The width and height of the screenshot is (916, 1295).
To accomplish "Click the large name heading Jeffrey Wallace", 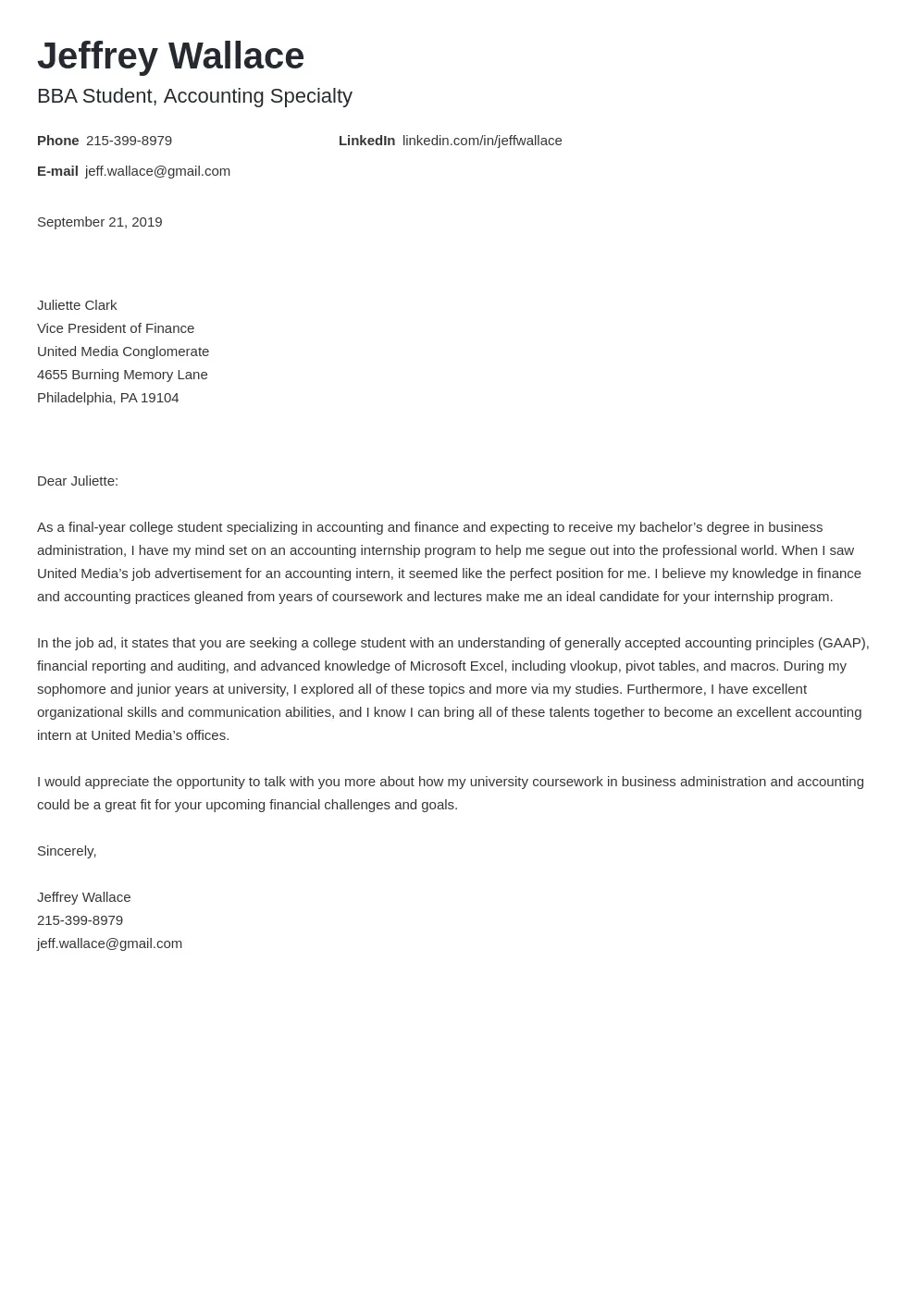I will tap(170, 56).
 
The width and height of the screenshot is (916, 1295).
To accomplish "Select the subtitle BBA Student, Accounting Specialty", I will tap(194, 96).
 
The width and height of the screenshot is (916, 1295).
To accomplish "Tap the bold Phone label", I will tap(57, 141).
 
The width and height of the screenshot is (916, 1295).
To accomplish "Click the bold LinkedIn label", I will tap(366, 141).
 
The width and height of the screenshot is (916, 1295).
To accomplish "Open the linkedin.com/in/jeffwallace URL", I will tap(482, 141).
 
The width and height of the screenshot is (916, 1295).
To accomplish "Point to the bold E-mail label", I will tap(57, 171).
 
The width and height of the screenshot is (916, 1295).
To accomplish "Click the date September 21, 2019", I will tap(99, 222).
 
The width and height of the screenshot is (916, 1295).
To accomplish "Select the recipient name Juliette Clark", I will tap(77, 305).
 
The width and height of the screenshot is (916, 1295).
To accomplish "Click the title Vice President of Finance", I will tap(116, 328).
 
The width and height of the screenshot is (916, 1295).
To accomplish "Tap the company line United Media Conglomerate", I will tap(123, 351).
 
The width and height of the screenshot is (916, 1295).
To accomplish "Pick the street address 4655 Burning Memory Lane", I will tap(122, 375).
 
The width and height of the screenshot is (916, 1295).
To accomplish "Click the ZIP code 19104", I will tap(160, 398).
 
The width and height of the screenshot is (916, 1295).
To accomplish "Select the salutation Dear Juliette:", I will tap(78, 481).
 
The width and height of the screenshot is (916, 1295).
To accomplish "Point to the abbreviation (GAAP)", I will tap(842, 643).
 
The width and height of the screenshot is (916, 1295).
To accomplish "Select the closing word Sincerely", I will tap(66, 851).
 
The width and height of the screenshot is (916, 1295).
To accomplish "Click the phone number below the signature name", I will tap(80, 920).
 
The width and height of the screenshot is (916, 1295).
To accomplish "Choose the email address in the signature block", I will tap(109, 943).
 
